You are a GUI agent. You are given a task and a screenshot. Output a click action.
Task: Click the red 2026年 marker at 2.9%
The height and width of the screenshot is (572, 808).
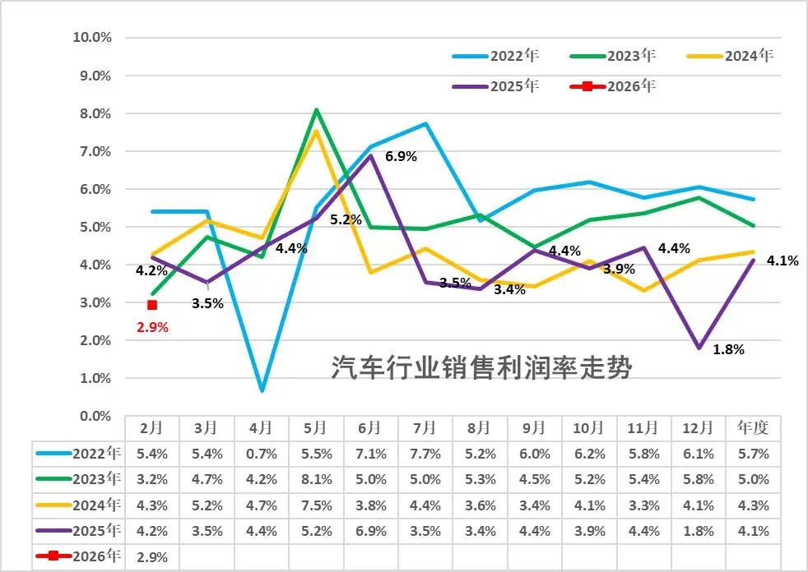152,305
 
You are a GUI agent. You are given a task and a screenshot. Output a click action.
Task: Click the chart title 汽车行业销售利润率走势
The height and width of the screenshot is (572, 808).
481,367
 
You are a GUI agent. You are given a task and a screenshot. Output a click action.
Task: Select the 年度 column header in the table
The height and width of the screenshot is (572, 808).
753,428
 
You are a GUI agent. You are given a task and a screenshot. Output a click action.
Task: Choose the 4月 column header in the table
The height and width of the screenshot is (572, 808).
261,428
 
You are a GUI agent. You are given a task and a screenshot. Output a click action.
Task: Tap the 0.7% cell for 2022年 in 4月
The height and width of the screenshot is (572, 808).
261,453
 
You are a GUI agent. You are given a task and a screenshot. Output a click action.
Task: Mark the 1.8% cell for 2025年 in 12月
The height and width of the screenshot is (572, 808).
699,531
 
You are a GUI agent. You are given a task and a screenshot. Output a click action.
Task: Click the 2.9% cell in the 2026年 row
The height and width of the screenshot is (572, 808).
152,557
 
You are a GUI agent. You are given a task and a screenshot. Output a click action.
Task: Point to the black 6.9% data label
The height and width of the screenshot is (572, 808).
402,156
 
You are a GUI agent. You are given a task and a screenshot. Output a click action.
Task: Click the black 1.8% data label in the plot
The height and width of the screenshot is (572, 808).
728,349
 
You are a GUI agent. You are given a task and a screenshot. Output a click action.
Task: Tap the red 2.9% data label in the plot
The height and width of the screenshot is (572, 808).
152,327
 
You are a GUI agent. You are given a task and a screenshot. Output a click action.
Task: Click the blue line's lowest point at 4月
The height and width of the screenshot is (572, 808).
262,390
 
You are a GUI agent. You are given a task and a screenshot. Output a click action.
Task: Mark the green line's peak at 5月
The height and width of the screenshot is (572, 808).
316,110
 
